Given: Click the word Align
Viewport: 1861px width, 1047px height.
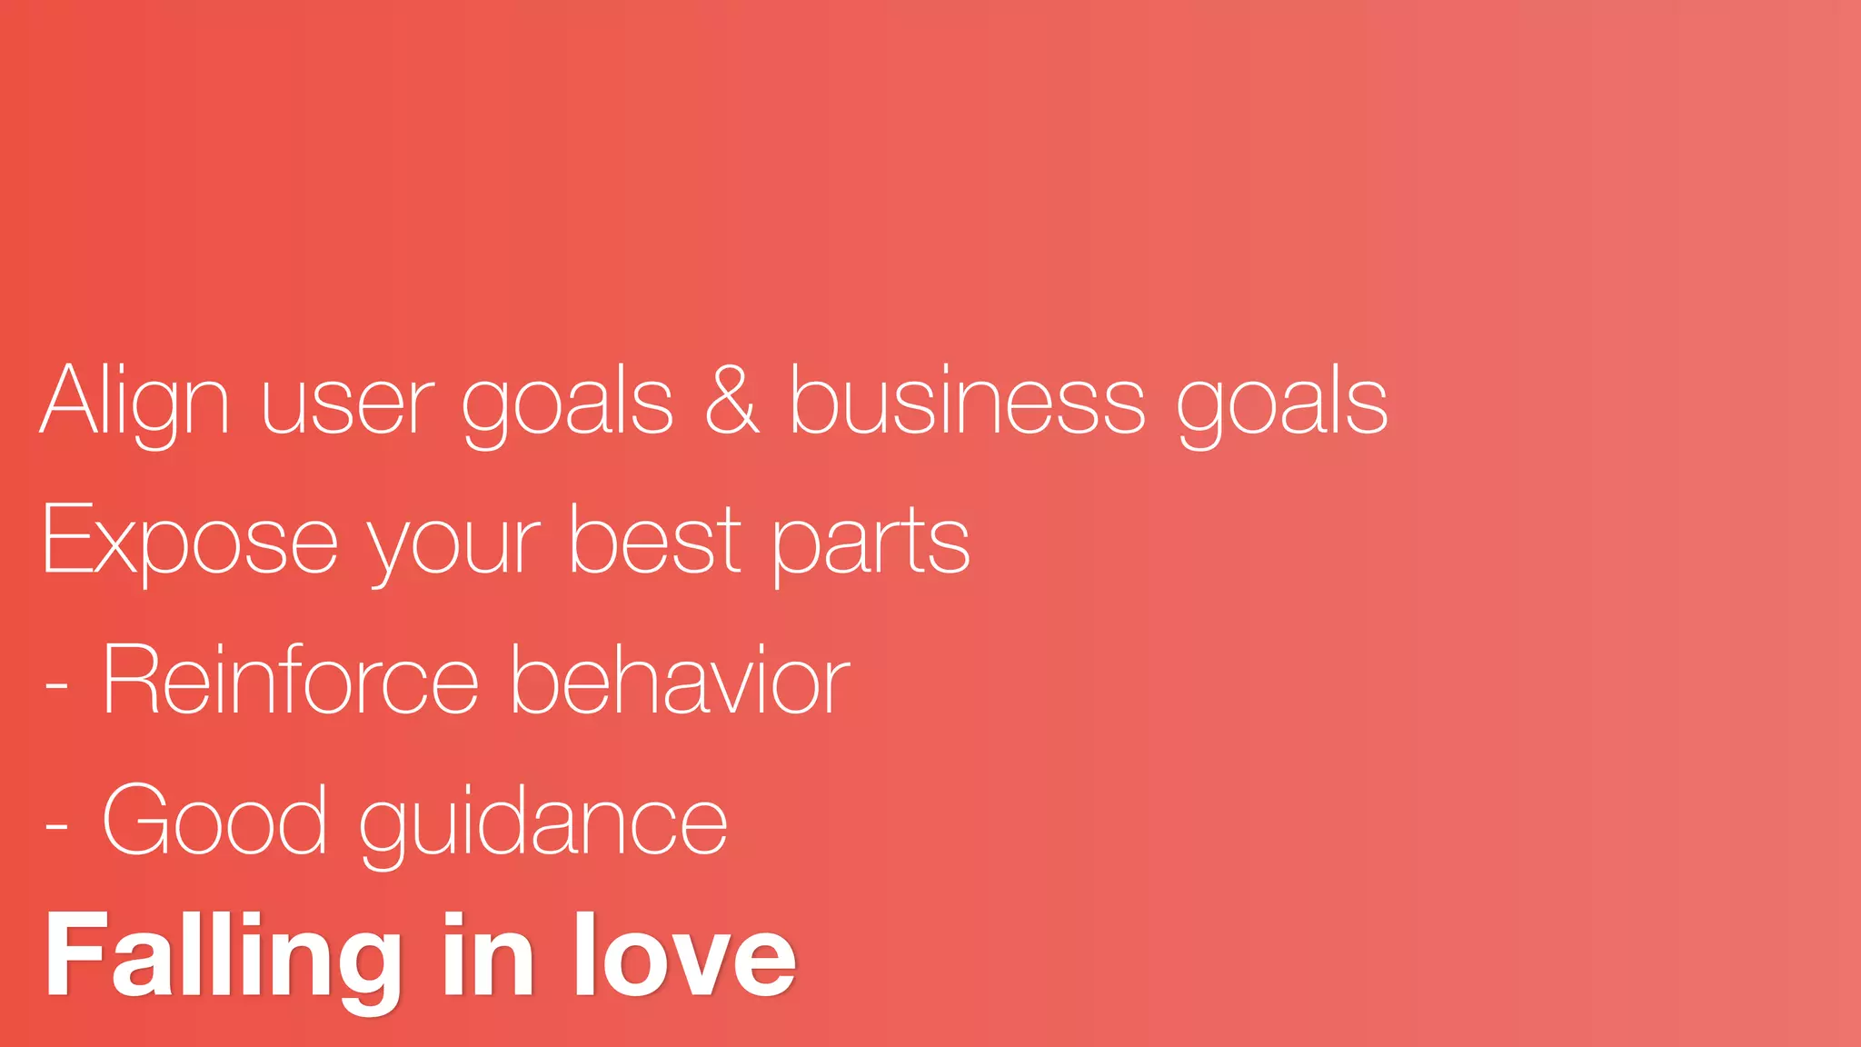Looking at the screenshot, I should (134, 402).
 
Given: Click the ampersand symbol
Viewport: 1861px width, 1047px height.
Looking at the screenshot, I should (731, 400).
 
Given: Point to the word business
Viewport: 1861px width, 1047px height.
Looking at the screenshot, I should (966, 402).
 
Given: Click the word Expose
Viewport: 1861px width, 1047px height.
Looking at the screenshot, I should (190, 542).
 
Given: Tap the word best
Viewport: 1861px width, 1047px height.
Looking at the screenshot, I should (655, 540).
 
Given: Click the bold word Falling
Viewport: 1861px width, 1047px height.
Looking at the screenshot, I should (223, 956).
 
